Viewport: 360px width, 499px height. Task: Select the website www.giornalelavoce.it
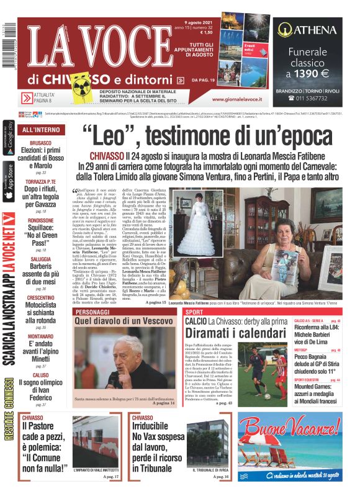[x=237, y=99]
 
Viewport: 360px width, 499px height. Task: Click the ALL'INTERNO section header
[x=41, y=130]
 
